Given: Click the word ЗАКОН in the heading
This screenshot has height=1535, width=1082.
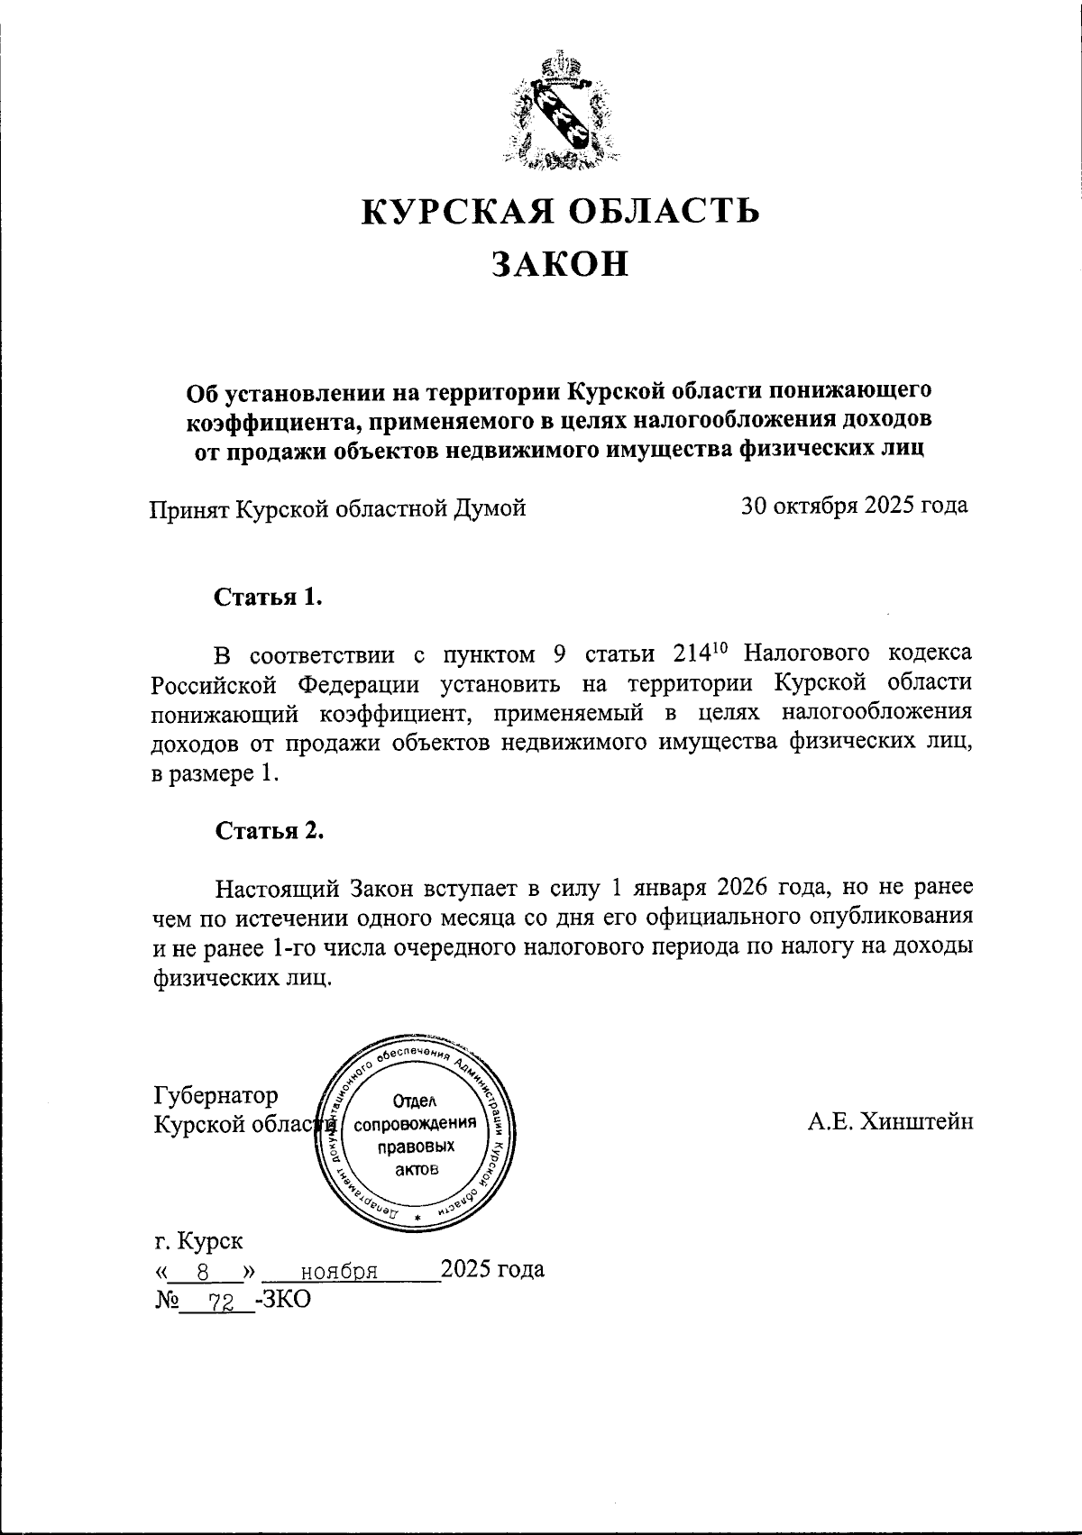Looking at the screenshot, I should tap(559, 263).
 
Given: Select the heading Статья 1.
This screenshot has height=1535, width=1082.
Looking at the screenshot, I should tap(268, 598).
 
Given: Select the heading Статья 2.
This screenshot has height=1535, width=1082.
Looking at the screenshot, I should tap(269, 830).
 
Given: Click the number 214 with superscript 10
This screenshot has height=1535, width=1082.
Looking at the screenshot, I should tap(698, 653).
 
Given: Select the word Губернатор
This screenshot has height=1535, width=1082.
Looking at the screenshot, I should tap(216, 1095).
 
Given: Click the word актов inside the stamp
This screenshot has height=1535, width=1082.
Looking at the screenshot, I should tap(416, 1170).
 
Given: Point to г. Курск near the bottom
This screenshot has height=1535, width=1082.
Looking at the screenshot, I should tap(198, 1241).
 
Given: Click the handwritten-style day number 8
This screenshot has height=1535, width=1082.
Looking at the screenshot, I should tap(204, 1272).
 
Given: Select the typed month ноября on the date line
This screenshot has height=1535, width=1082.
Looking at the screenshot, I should tap(338, 1272).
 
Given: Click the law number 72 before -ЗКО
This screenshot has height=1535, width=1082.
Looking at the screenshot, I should tap(218, 1300).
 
